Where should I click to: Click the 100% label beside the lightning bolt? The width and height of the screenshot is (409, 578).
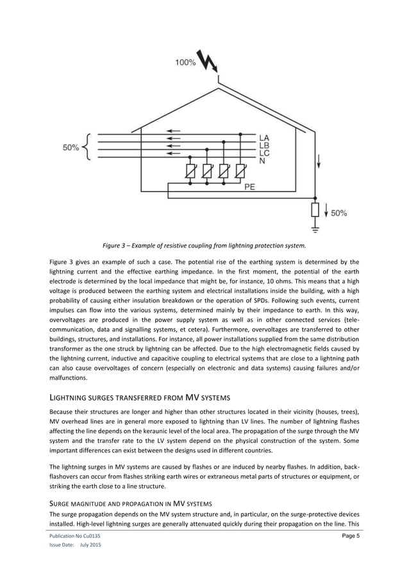(185, 63)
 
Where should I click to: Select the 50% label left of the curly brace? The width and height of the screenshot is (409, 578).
(71, 148)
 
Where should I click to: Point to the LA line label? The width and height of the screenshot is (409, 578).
(264, 137)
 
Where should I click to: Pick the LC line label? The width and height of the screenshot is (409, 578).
(264, 154)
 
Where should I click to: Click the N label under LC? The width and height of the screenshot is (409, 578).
(262, 162)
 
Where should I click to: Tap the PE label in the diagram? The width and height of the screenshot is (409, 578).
(251, 188)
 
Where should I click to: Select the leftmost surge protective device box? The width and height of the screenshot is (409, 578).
(190, 172)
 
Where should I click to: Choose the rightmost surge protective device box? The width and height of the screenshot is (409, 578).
(240, 172)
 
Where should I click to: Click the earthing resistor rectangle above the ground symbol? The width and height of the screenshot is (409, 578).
(315, 211)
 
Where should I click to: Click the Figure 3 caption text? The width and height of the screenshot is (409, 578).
(204, 245)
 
